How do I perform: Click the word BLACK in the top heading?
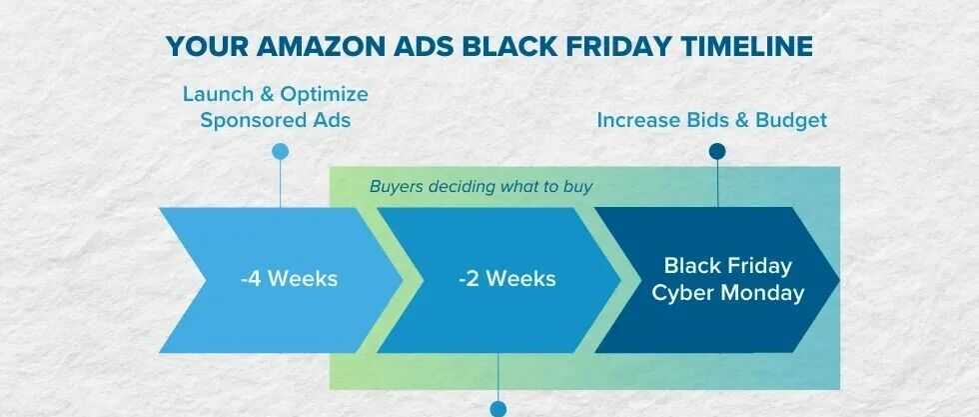(506, 47)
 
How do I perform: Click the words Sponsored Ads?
(276, 120)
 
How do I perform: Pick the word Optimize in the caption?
(324, 95)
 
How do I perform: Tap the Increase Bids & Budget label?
(711, 120)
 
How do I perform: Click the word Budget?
(791, 120)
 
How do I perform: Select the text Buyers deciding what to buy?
(481, 186)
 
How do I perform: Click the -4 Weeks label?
(289, 279)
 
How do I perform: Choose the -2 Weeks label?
(507, 279)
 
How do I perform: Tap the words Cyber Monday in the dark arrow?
(728, 293)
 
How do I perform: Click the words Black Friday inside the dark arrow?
(728, 266)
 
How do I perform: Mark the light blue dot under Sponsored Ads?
(281, 151)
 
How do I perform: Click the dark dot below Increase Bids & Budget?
(717, 151)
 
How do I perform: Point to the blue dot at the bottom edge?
(498, 409)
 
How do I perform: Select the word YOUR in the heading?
(208, 47)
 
